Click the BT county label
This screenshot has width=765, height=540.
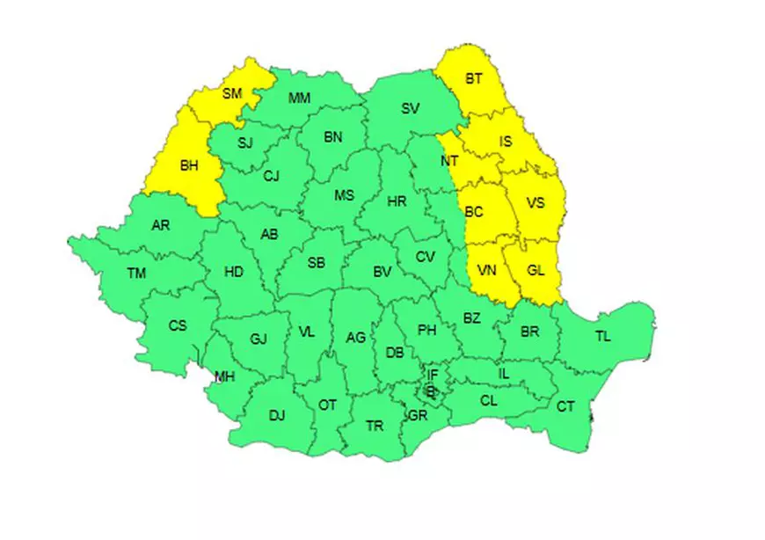[x=474, y=79]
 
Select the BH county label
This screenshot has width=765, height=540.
[x=189, y=164]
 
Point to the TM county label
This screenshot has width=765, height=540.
[x=136, y=274]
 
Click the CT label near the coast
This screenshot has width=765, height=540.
[x=565, y=406]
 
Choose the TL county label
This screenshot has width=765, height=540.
[x=602, y=336]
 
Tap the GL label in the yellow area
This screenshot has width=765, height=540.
[x=536, y=271]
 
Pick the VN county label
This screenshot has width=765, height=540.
[x=486, y=271]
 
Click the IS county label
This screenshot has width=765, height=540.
[x=506, y=141]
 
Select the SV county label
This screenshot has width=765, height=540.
[x=411, y=109]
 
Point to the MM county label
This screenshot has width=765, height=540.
[x=299, y=99]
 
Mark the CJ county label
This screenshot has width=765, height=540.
[x=271, y=176]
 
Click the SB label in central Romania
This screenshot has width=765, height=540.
[x=317, y=262]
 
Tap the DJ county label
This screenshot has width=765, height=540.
[x=277, y=416]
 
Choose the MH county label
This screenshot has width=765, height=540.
[x=225, y=377]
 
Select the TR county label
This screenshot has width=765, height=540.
[x=375, y=427]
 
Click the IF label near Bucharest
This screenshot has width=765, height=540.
[x=433, y=376]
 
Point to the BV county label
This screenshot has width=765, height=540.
[x=382, y=273]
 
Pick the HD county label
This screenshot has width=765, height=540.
[x=233, y=272]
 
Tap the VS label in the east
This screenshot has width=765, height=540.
[x=535, y=203]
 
